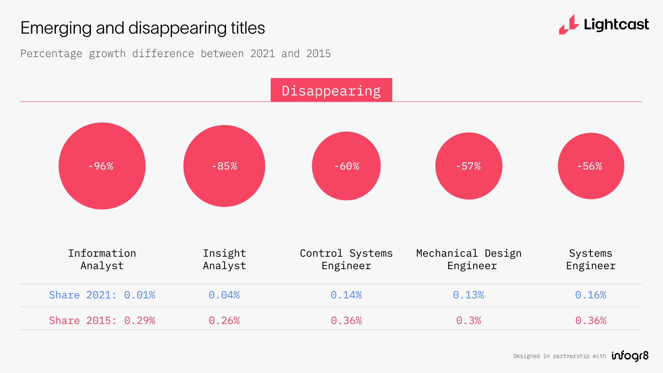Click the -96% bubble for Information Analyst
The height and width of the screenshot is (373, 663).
click(x=102, y=166)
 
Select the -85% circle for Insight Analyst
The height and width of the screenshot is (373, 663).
click(x=224, y=166)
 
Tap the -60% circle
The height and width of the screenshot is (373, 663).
click(x=346, y=166)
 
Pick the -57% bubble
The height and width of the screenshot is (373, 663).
click(x=469, y=166)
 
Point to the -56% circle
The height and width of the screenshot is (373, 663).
click(x=591, y=166)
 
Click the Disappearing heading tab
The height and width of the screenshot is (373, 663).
click(x=331, y=90)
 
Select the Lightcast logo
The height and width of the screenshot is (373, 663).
click(x=604, y=25)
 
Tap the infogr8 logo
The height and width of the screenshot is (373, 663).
click(x=630, y=356)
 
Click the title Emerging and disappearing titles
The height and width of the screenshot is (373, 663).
click(x=143, y=28)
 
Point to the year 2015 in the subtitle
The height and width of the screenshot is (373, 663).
click(x=318, y=54)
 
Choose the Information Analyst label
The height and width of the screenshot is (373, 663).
click(x=102, y=259)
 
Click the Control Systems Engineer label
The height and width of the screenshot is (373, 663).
click(x=346, y=259)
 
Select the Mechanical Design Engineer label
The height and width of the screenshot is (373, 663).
click(x=469, y=259)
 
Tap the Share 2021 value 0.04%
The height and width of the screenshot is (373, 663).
click(x=224, y=295)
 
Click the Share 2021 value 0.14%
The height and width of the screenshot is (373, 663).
click(x=346, y=295)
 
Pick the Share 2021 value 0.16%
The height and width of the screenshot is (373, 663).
click(x=591, y=295)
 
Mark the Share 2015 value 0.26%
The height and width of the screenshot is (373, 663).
click(x=224, y=321)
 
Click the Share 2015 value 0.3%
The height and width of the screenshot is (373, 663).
click(x=469, y=321)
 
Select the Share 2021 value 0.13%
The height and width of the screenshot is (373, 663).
click(x=469, y=295)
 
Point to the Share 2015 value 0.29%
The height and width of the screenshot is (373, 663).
click(x=140, y=321)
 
